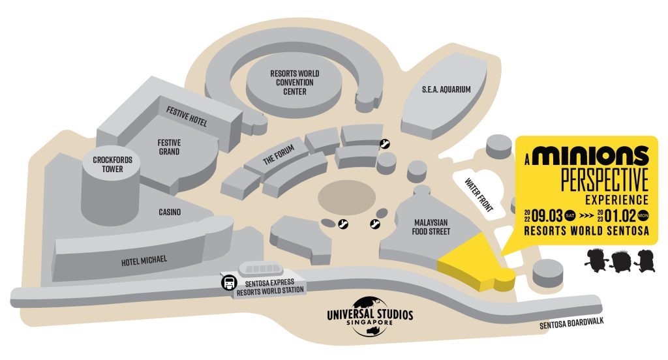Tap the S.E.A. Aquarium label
pos(446,89)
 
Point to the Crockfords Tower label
pos(108,164)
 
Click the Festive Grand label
pos(169,147)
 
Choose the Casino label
pos(170,213)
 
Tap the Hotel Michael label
pos(144,260)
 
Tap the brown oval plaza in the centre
pos(347,196)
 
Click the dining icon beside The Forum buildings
pos(385,144)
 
